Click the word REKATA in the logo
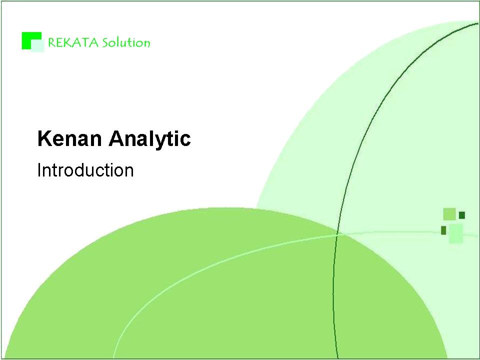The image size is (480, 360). coord(73,42)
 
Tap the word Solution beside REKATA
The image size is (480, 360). coord(126,42)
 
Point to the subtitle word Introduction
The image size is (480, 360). coord(85,170)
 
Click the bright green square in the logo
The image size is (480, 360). coord(31,40)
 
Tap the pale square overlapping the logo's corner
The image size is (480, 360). coord(37,46)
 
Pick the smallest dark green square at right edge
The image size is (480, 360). coord(462,215)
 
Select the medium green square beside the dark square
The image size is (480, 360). coord(449,214)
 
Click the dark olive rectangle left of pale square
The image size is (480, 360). coord(443,230)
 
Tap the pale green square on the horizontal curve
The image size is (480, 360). coord(456,233)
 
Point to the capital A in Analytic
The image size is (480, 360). coord(116,138)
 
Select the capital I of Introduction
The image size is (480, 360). coord(39,170)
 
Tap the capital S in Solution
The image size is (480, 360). coord(105,43)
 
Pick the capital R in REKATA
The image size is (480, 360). coord(51,43)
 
